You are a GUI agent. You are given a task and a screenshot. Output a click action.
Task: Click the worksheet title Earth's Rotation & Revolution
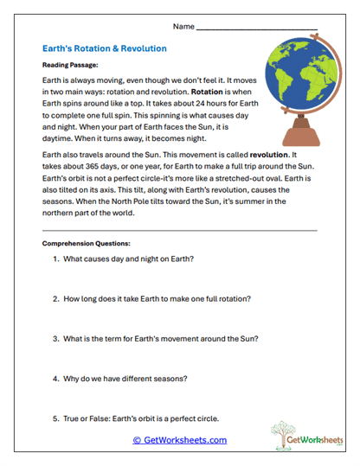104,48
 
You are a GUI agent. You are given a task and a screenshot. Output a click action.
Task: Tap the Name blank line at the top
256,29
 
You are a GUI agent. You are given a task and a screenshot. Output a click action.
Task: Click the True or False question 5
135,418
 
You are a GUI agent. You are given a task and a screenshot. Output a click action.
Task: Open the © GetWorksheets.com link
179,440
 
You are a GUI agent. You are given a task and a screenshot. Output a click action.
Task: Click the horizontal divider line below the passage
179,230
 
